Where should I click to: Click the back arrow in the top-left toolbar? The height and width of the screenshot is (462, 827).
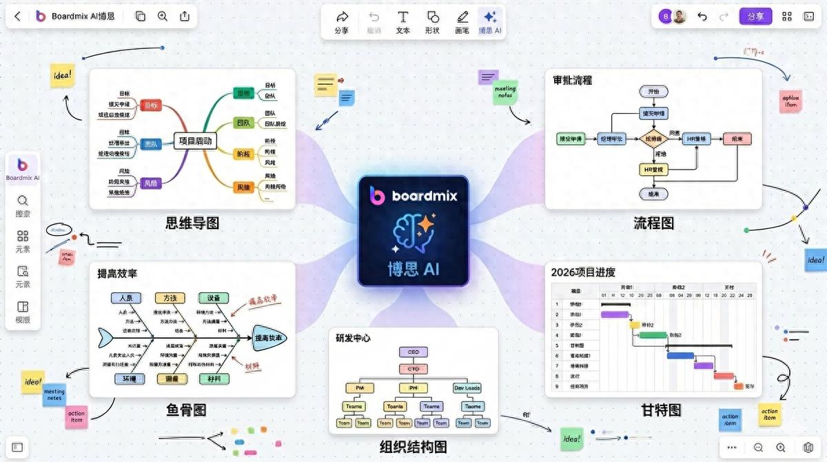point(18,16)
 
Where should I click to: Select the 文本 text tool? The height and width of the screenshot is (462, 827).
point(403,21)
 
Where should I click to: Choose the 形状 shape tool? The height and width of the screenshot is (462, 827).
point(432,21)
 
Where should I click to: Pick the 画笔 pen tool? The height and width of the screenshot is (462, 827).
point(462,21)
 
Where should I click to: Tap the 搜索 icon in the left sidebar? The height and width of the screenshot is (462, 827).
point(23,205)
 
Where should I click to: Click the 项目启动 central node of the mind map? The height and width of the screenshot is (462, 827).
point(195,142)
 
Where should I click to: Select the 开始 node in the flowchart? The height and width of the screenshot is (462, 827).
point(653,91)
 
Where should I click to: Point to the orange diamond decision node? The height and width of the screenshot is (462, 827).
point(653,139)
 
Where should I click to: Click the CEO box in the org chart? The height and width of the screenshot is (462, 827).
point(413,352)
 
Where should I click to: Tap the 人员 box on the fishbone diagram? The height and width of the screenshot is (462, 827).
point(126,298)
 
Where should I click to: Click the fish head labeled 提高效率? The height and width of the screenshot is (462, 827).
point(270,338)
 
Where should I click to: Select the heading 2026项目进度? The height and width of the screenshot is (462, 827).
point(583,272)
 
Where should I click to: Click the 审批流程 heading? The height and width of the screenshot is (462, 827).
point(572,80)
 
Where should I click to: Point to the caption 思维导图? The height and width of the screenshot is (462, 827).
point(192,223)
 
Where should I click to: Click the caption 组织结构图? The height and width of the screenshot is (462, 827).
point(413,446)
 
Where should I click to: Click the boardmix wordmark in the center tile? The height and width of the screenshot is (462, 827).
point(424,196)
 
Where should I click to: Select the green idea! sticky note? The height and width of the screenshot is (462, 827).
point(571,438)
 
